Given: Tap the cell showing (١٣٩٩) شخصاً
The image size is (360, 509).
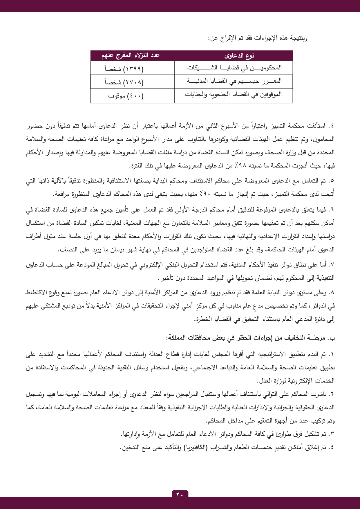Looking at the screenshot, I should [x=124, y=69].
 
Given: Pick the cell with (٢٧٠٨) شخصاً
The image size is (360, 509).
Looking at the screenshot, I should [x=124, y=82].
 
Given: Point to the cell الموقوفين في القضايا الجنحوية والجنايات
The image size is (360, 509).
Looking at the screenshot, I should [x=233, y=95].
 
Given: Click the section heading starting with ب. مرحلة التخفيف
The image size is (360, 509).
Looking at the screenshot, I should [x=250, y=338].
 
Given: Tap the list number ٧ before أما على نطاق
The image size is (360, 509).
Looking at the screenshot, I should [x=332, y=265].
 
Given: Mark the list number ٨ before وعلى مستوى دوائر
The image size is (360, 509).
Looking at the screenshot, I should [x=332, y=293].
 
